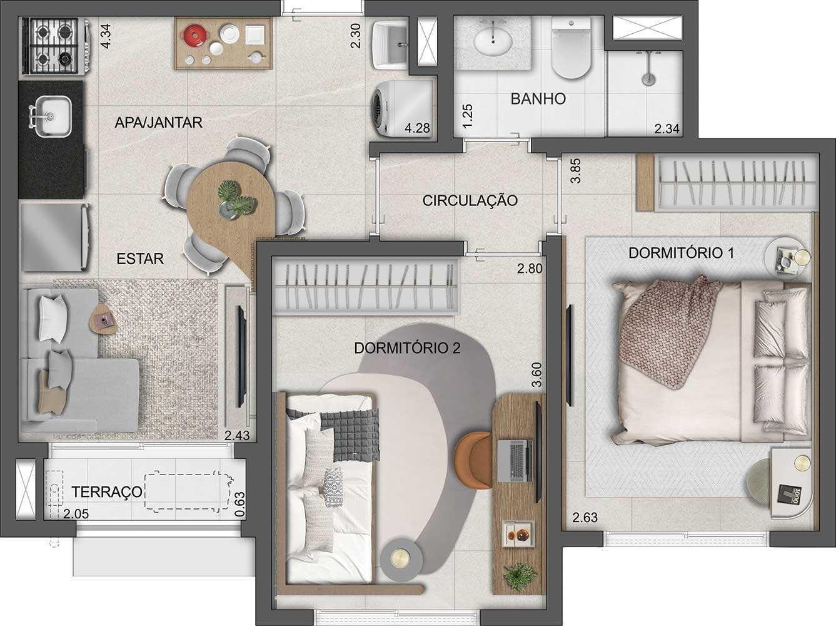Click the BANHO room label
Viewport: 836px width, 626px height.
(538, 98)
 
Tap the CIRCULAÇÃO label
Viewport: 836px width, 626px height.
(470, 201)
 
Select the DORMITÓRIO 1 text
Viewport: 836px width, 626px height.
(681, 253)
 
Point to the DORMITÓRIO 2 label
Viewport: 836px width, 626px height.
(407, 348)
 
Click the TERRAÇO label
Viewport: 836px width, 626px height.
(107, 492)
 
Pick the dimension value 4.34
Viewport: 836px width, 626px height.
(106, 35)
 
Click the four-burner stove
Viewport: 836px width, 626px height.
(51, 46)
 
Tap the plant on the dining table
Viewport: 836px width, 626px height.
(235, 198)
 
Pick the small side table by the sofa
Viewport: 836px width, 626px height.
(103, 319)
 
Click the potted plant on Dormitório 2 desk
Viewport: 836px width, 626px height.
(520, 575)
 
